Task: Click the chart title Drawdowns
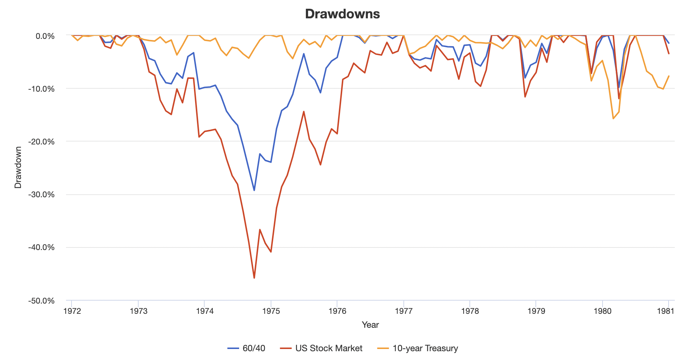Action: pos(342,14)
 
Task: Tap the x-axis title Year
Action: pos(370,325)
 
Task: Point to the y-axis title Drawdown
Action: pos(18,167)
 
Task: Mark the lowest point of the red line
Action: pos(254,278)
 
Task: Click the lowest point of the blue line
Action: pos(254,191)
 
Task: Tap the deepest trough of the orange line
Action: pos(613,119)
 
